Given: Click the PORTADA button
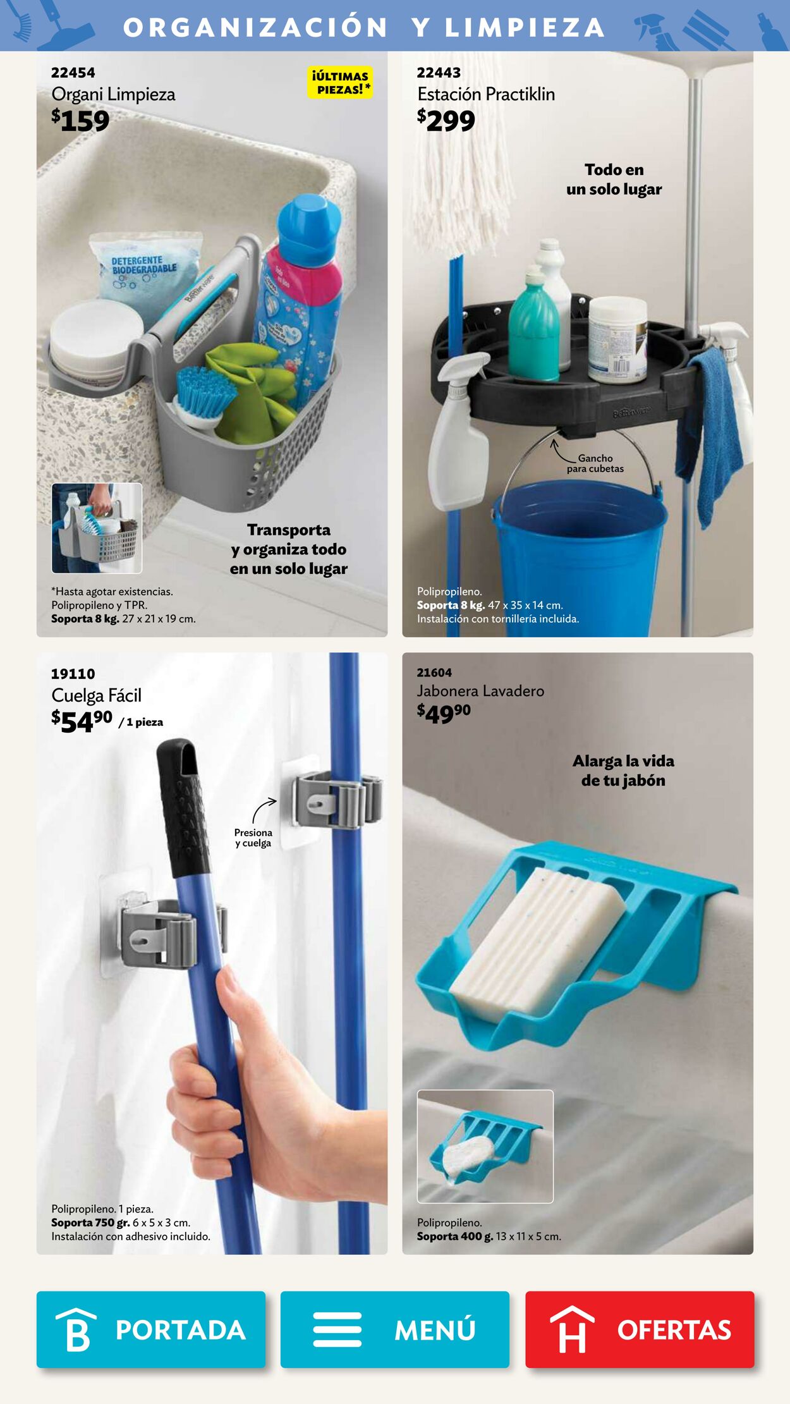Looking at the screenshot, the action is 150,1329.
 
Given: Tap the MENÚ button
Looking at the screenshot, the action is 395,1329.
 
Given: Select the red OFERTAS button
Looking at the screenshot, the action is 640,1329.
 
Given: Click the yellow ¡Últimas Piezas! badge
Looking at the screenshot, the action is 340,83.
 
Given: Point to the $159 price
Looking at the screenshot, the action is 80,120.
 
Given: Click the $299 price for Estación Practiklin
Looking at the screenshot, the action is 446,120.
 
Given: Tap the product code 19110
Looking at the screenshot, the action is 73,673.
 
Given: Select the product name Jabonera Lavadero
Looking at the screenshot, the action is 480,691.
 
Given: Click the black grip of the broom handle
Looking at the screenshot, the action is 183,809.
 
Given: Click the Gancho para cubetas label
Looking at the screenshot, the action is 595,463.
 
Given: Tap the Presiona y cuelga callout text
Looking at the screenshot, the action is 253,838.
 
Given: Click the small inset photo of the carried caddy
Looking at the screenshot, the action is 97,528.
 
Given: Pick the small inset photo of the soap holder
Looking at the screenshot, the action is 485,1146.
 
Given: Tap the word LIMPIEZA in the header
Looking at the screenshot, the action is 525,27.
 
